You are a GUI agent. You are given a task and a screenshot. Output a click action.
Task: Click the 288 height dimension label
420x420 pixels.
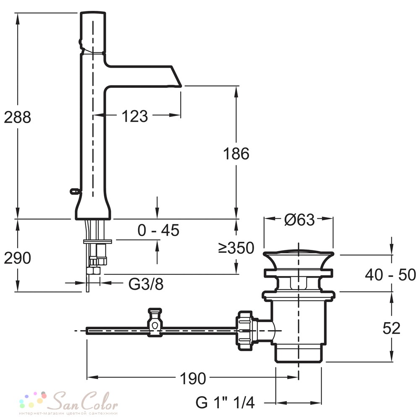click(x=17, y=117)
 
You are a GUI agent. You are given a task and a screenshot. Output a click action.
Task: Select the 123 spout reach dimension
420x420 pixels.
click(x=135, y=116)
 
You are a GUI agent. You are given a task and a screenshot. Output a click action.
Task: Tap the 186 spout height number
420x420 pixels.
click(x=236, y=154)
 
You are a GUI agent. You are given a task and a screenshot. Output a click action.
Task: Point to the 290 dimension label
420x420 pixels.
click(x=17, y=258)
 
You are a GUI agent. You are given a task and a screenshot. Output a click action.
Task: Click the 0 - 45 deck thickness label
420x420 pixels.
click(x=158, y=230)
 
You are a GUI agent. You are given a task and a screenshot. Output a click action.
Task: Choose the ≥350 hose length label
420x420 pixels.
click(x=236, y=248)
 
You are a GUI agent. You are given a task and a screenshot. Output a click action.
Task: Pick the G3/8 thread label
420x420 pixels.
click(x=146, y=284)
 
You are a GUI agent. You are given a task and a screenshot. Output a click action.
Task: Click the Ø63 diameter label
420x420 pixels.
click(x=299, y=220)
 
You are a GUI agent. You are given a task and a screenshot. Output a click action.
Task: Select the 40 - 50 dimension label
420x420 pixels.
click(x=391, y=275)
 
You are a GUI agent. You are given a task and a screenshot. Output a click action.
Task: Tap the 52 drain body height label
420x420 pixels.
click(x=391, y=328)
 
